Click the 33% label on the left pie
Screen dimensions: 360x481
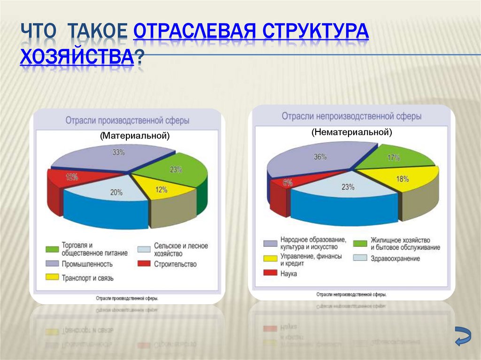coord(118,152)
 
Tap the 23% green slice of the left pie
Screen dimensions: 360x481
coord(176,170)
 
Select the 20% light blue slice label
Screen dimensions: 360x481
coord(116,192)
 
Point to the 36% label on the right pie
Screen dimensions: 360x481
coord(320,157)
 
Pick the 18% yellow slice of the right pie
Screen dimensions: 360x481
coord(402,179)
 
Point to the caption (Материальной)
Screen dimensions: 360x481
coord(134,135)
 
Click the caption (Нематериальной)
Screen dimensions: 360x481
coord(351,132)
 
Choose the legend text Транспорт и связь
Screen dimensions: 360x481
coord(87,278)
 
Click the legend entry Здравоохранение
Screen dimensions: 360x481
coord(395,258)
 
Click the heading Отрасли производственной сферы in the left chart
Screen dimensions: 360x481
coord(127,121)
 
